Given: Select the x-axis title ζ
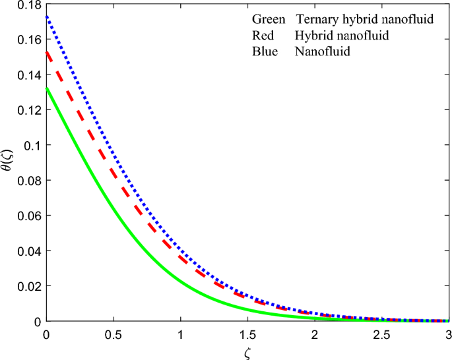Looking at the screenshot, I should tap(248, 353).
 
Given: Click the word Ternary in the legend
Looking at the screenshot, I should tap(316, 20).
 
